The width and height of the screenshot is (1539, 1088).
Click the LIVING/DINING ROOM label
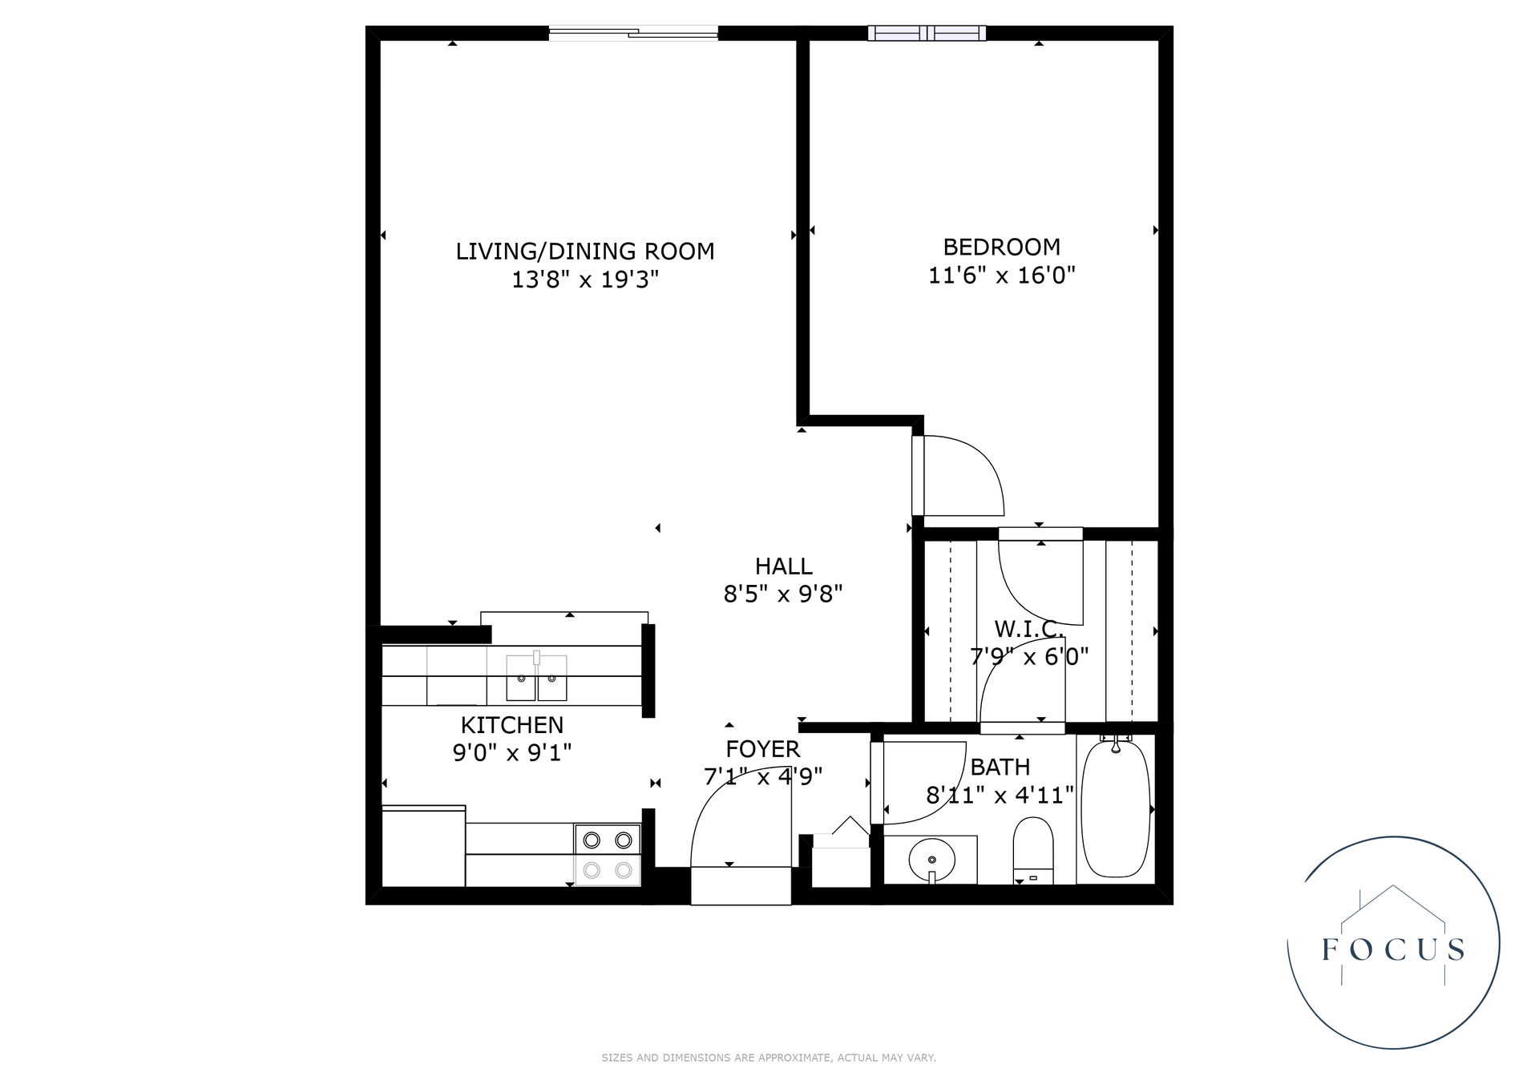click(x=584, y=252)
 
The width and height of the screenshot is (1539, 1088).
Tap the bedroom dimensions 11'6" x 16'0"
click(x=1001, y=276)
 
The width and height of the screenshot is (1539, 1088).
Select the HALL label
click(x=783, y=566)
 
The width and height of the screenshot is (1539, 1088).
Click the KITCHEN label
click(x=511, y=725)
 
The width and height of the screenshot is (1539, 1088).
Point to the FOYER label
click(x=762, y=749)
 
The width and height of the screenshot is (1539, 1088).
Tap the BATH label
click(x=1000, y=768)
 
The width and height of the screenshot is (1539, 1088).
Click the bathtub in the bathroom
click(x=1115, y=809)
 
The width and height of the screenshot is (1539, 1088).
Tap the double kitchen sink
click(x=536, y=678)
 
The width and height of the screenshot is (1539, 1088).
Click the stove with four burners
click(x=607, y=855)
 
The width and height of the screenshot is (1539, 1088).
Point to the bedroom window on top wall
click(x=927, y=33)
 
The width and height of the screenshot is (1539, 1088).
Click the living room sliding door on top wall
click(x=633, y=33)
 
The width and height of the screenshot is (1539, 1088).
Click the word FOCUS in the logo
click(x=1393, y=949)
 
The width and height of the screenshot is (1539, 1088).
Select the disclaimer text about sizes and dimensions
click(x=768, y=1058)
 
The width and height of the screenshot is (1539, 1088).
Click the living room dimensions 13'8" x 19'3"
click(x=584, y=280)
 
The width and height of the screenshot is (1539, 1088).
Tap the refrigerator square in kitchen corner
click(x=423, y=846)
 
